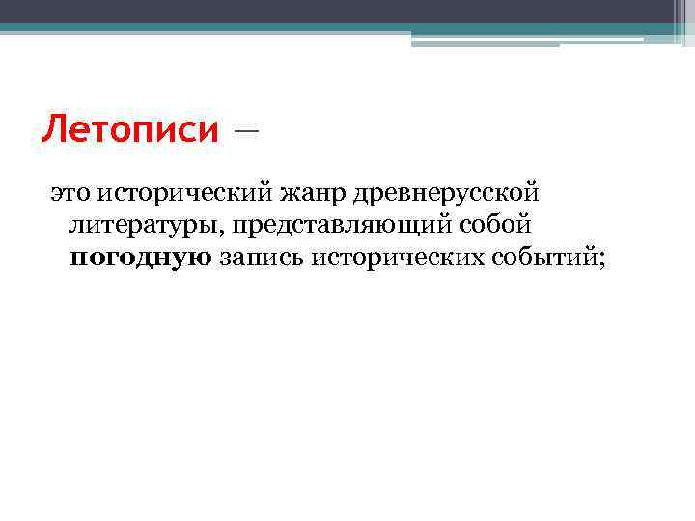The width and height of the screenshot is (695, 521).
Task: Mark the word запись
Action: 261,257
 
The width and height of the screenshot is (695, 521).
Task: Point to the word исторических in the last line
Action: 398,257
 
